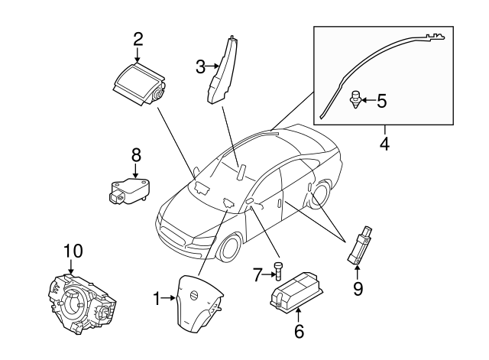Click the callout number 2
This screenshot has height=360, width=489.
[x=138, y=40]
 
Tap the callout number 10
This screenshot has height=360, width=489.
[x=73, y=251]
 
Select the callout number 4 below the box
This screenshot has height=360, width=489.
[x=384, y=144]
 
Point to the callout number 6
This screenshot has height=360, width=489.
[x=299, y=331]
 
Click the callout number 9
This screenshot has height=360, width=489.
[x=358, y=288]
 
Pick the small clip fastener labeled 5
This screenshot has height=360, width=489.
[x=355, y=99]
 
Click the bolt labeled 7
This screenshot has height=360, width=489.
[x=278, y=270]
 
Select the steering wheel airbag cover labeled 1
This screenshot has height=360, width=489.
[x=199, y=300]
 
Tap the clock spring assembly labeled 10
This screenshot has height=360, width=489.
[x=82, y=302]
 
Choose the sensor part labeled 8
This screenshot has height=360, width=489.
[x=129, y=190]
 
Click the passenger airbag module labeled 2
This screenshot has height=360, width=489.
[x=139, y=83]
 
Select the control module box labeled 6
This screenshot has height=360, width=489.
[x=296, y=289]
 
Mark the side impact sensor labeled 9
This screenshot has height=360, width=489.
[x=360, y=246]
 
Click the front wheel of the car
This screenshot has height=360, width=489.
[x=230, y=246]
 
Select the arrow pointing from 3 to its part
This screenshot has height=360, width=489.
[x=212, y=66]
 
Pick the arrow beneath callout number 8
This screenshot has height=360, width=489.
[x=135, y=171]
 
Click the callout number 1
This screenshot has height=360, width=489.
[x=157, y=299]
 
